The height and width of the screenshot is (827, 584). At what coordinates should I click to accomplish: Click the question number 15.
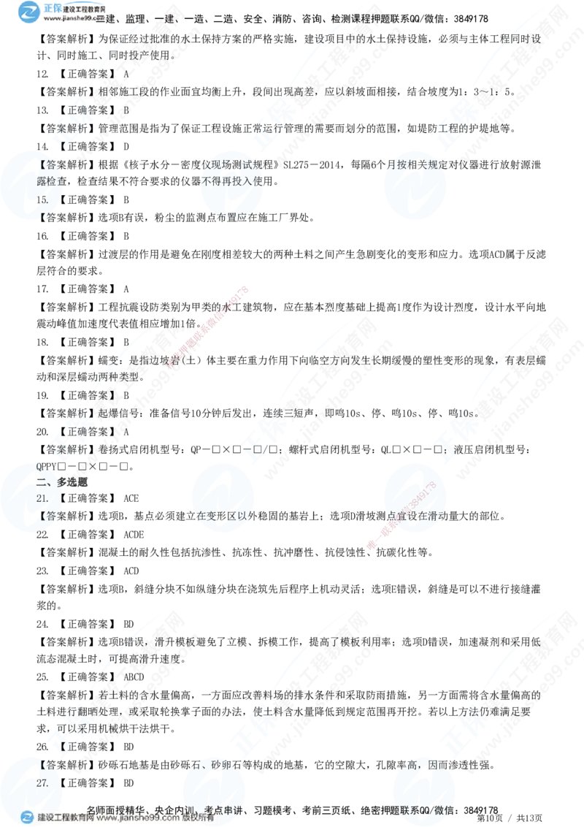pyautogui.click(x=42, y=199)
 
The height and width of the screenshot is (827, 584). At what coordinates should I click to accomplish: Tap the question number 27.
pyautogui.click(x=42, y=782)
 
